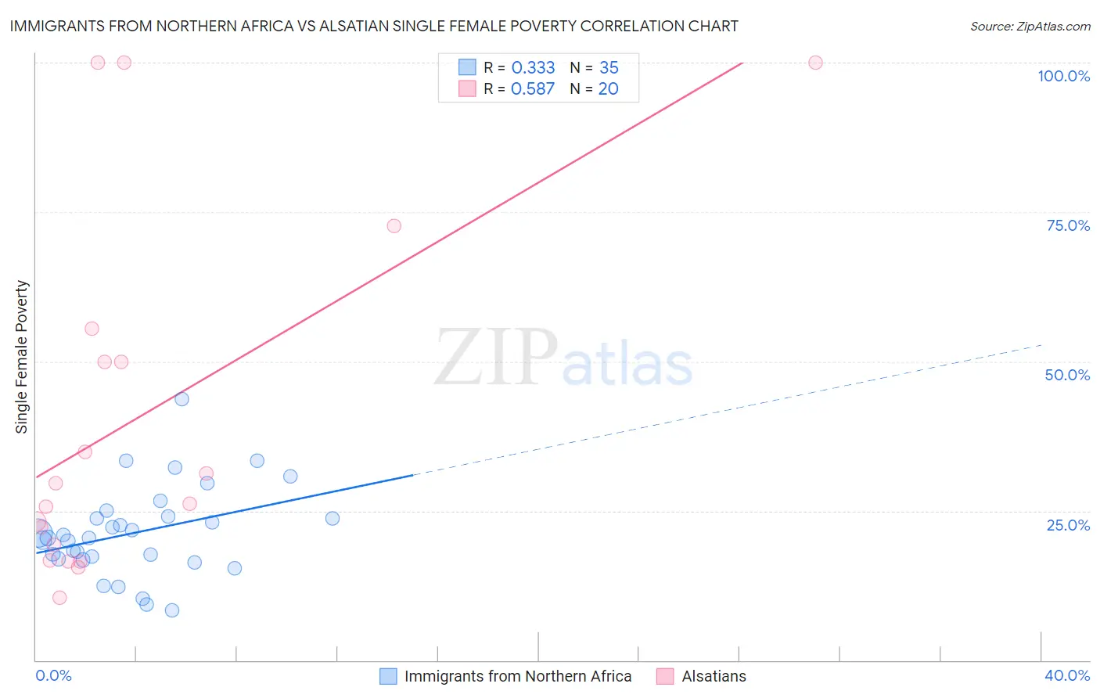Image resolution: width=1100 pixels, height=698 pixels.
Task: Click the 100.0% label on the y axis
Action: [1063, 76]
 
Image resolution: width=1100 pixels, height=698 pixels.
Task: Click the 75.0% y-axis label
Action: [1068, 225]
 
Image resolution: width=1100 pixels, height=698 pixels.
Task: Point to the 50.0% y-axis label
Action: [1067, 375]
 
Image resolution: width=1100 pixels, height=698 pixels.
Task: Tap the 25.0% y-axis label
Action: [1068, 524]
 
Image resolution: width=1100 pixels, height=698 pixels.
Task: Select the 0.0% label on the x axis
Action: [53, 675]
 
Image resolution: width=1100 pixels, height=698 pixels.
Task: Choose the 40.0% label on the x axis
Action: [1067, 675]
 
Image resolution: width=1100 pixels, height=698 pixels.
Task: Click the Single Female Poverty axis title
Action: [22, 357]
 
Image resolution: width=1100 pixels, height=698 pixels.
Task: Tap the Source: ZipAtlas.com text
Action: [1030, 26]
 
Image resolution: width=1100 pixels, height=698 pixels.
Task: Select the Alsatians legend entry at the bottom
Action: [714, 676]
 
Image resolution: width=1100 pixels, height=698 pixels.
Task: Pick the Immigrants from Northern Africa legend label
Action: [517, 676]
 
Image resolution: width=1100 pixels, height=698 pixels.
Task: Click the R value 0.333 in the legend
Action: [533, 68]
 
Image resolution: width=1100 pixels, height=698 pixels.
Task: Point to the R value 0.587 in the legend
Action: [533, 89]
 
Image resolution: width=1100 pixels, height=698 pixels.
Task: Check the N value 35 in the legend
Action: [609, 68]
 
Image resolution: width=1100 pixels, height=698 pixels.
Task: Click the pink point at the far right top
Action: [815, 63]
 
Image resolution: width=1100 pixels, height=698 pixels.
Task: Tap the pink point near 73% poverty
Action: [394, 226]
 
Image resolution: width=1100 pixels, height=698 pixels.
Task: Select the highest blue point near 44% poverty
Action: [182, 399]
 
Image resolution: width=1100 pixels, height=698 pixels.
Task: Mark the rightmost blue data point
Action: [333, 518]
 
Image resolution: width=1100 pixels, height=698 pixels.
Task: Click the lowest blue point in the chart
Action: [172, 610]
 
